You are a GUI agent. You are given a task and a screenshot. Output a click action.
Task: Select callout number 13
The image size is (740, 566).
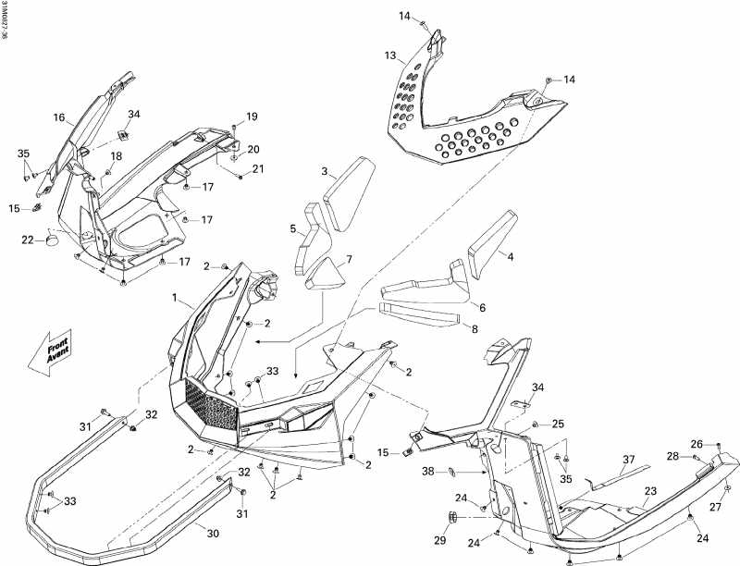390,56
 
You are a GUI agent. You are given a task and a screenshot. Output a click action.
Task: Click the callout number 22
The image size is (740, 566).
28,240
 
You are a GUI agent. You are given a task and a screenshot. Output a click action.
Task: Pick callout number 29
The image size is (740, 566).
439,540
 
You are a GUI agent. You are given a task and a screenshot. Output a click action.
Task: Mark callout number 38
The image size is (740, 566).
428,471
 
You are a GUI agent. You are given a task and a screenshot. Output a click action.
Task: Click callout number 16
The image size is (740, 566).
58,118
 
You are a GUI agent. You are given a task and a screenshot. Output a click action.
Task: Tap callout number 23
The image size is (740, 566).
650,491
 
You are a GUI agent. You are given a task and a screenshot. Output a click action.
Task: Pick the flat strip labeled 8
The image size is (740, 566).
421,314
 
